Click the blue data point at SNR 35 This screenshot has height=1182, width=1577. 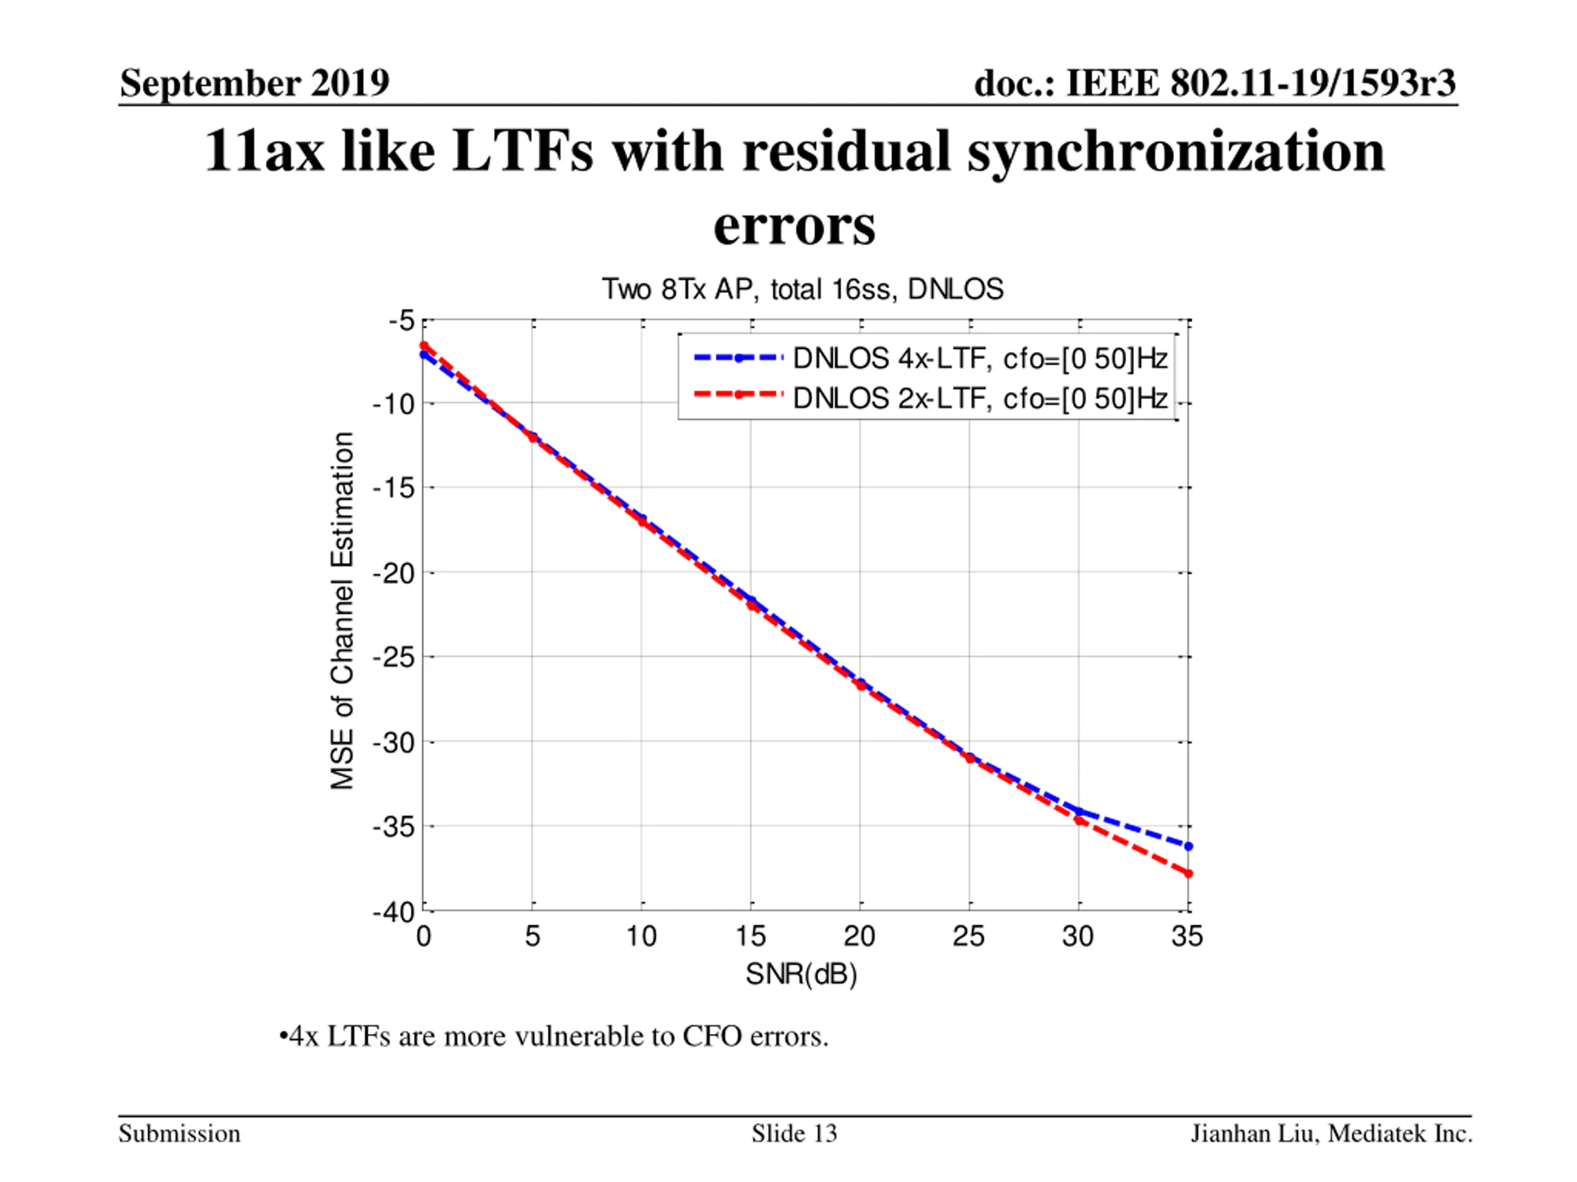(x=1188, y=846)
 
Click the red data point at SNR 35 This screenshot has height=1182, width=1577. (x=1188, y=874)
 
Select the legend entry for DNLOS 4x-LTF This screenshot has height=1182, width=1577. (x=979, y=358)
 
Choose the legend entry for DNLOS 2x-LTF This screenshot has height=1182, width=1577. (x=979, y=398)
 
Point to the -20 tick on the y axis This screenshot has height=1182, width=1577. (x=394, y=573)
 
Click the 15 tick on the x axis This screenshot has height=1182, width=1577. (x=751, y=936)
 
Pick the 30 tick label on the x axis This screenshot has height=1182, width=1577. (x=1078, y=936)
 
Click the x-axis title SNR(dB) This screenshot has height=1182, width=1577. (x=801, y=974)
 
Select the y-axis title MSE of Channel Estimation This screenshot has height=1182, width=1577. (x=343, y=611)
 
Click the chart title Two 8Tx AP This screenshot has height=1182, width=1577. (x=803, y=289)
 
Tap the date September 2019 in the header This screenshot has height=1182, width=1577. (x=254, y=82)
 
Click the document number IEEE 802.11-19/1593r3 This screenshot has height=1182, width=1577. (x=1215, y=82)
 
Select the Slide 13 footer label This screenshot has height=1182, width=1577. (x=794, y=1133)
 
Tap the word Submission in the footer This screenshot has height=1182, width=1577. (x=180, y=1133)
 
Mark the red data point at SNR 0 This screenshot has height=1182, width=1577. (x=423, y=345)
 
